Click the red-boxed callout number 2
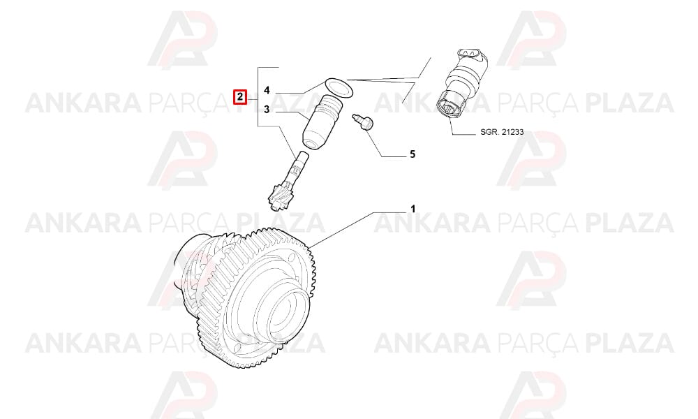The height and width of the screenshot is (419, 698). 240,96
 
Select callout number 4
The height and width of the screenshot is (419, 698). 267,91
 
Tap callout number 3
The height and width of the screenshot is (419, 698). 267,109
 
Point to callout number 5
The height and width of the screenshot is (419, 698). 413,154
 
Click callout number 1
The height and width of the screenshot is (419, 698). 413,209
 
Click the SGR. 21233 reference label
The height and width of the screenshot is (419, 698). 502,132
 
